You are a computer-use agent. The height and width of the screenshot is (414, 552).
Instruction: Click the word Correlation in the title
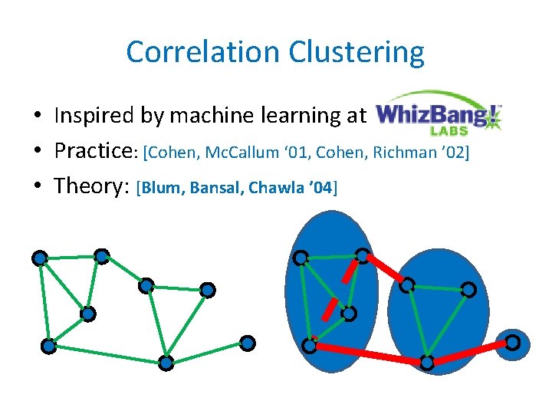tap(203, 52)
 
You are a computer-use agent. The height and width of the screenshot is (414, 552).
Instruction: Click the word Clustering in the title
tap(356, 52)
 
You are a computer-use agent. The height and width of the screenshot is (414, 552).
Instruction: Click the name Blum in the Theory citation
tap(163, 187)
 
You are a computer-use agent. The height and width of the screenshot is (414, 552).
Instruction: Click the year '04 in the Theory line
tap(318, 187)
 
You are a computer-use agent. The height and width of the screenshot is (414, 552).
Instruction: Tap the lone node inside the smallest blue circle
tap(512, 342)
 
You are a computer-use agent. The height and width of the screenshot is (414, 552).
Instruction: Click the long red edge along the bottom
tap(368, 353)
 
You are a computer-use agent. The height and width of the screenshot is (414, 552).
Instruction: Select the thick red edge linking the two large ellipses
tap(385, 269)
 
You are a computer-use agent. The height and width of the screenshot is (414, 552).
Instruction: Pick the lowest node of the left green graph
tap(166, 363)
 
